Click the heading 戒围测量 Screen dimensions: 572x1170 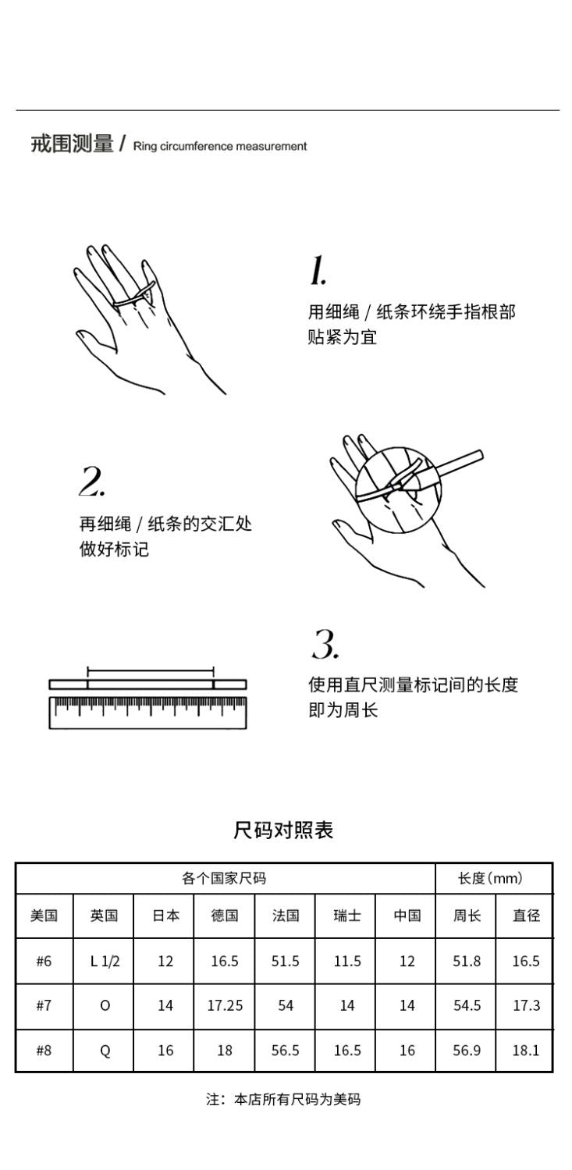72,144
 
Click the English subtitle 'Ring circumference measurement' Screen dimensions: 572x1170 220,146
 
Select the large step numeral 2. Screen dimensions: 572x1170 92,481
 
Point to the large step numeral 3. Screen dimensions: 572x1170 325,644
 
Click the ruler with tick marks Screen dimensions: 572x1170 147,713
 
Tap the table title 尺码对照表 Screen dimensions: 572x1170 283,830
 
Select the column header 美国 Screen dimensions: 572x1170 44,916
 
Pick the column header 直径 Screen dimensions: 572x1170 526,916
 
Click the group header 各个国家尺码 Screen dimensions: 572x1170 224,879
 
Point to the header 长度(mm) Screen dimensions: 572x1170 490,879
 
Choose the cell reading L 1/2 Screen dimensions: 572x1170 105,961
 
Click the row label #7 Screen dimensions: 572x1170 44,1005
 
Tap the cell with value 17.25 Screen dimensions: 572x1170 225,1005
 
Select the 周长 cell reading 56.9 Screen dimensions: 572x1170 467,1051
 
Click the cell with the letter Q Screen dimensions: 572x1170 105,1051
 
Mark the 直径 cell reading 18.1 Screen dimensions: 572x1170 526,1051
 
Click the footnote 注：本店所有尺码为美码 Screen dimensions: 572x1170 283,1100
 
